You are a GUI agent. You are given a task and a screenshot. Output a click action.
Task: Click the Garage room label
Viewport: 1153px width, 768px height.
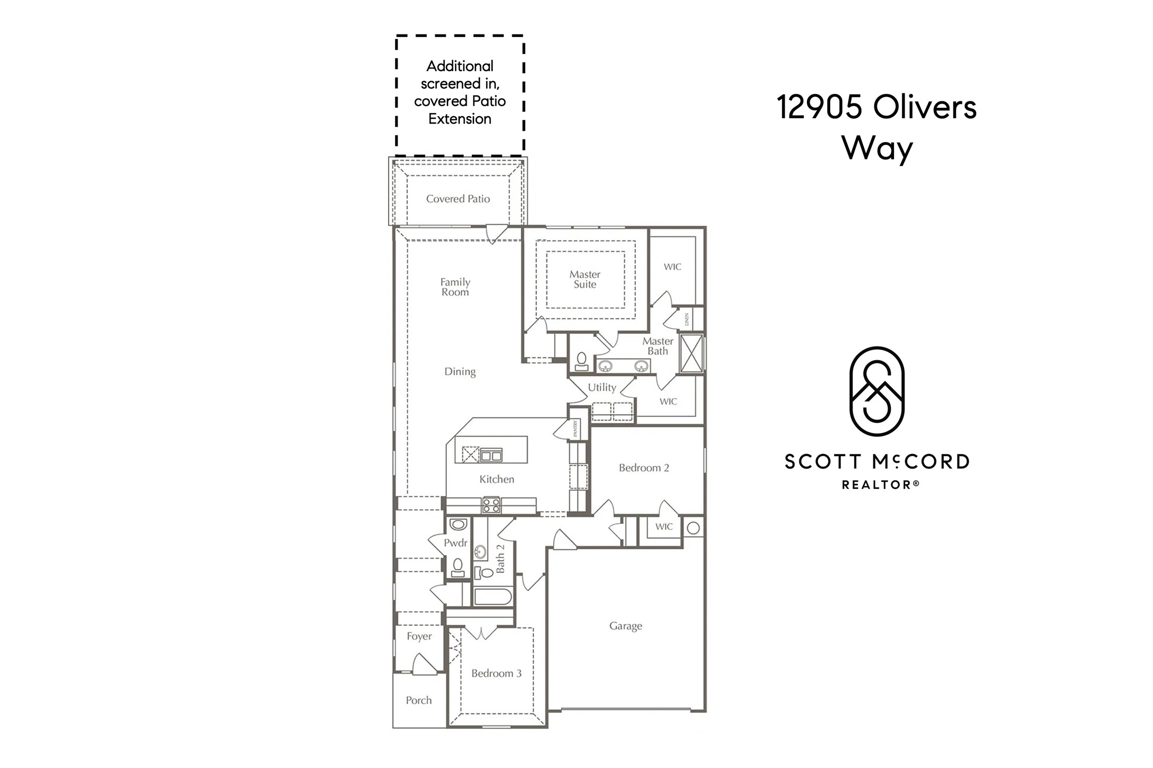click(x=625, y=626)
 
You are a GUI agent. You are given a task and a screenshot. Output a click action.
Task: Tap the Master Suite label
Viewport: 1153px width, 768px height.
click(x=584, y=280)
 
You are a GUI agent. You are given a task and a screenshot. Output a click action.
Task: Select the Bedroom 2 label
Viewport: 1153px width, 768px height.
click(x=643, y=468)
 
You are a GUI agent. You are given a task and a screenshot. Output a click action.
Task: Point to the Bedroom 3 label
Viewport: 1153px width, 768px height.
click(x=496, y=673)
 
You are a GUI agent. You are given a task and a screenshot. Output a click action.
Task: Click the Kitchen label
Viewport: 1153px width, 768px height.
click(x=496, y=479)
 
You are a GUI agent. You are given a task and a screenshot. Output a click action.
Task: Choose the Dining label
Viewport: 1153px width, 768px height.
click(x=460, y=372)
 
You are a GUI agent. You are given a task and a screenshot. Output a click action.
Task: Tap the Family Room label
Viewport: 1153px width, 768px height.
click(x=455, y=287)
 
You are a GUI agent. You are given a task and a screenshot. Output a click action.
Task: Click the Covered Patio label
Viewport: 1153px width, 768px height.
click(x=458, y=199)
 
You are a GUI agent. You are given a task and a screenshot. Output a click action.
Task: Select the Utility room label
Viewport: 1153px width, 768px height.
click(x=602, y=387)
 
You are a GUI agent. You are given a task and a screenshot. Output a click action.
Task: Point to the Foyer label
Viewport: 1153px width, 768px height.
click(x=419, y=636)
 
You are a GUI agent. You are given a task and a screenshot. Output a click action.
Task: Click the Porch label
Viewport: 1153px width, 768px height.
click(x=418, y=700)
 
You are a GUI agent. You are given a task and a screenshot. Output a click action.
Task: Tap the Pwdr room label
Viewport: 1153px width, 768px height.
click(x=455, y=543)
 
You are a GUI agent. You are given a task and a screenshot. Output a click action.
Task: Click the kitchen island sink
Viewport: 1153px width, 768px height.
click(x=491, y=455)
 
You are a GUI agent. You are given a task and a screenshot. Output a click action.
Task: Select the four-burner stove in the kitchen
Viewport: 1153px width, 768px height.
click(x=491, y=505)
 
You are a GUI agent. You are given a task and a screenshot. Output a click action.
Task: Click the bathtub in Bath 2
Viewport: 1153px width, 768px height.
click(x=493, y=597)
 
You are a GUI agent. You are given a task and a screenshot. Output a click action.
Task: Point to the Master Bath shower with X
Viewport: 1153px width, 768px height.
click(x=691, y=353)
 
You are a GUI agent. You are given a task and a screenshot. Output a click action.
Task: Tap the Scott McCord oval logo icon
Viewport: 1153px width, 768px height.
click(x=876, y=391)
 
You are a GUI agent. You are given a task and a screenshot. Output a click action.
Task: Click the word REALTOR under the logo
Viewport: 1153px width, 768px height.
click(x=876, y=484)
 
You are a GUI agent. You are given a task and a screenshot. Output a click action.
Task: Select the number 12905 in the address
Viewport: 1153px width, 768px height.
click(x=819, y=107)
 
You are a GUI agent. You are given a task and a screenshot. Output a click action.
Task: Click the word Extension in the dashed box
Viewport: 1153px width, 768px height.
click(x=460, y=119)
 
